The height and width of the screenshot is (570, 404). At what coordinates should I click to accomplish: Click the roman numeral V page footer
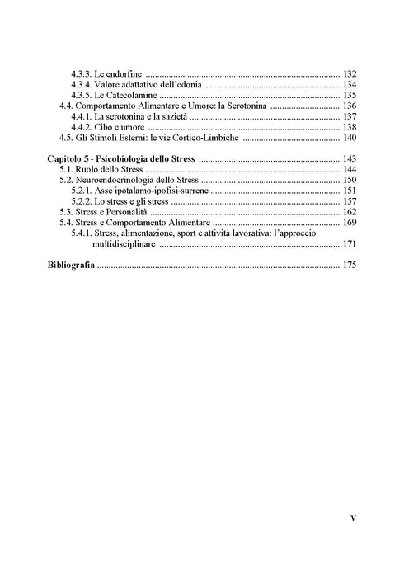[x=352, y=518]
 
